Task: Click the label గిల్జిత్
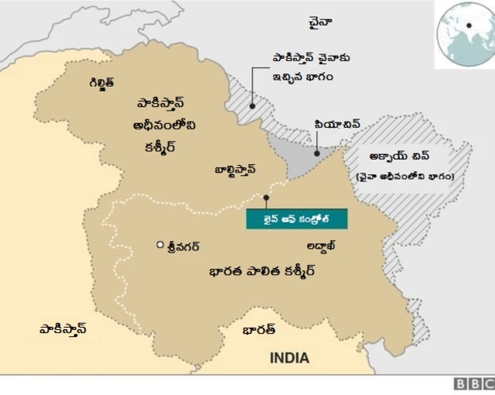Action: tap(101, 81)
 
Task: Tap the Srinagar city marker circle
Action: tap(160, 246)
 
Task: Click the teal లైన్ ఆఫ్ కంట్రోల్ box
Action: tap(297, 218)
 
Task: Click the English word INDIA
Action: tap(289, 358)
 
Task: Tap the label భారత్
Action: tap(259, 329)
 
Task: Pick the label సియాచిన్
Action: tap(337, 124)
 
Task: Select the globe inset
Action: tap(464, 33)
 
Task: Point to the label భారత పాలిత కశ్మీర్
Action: tap(263, 272)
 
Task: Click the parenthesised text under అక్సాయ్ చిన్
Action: tap(405, 177)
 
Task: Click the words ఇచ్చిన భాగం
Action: tap(300, 77)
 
